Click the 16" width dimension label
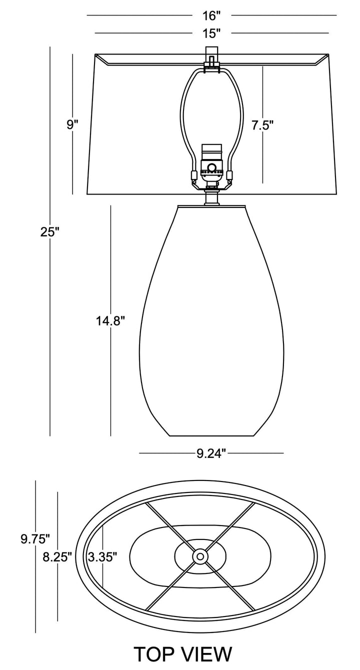(211, 15)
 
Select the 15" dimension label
(211, 33)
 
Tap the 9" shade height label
(72, 124)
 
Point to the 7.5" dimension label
(262, 125)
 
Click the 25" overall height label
(50, 232)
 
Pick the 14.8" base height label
(110, 321)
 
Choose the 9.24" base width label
(211, 453)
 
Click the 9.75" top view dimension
(35, 539)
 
